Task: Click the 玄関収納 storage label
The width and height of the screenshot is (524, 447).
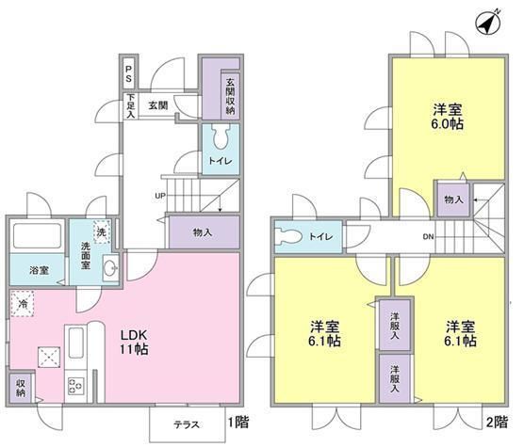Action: click(x=229, y=94)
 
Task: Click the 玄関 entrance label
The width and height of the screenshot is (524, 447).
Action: click(x=156, y=105)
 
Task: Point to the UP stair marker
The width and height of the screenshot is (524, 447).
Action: click(x=160, y=196)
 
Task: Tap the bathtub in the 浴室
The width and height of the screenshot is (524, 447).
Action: click(x=36, y=236)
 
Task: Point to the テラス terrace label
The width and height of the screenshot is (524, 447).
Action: click(x=187, y=424)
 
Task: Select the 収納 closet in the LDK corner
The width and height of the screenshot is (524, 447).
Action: click(x=20, y=386)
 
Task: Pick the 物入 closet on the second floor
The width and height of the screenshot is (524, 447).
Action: click(x=452, y=200)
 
